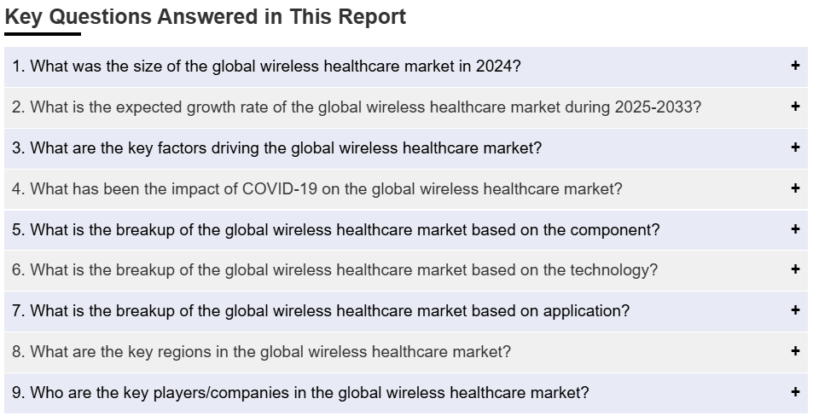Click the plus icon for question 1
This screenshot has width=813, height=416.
795,66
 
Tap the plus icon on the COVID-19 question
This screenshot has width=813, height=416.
795,188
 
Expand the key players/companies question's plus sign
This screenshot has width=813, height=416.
795,391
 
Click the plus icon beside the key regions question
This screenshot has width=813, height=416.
795,350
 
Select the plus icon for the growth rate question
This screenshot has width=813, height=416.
795,107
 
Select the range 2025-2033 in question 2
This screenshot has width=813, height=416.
653,107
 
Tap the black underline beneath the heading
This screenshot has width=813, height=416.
43,34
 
